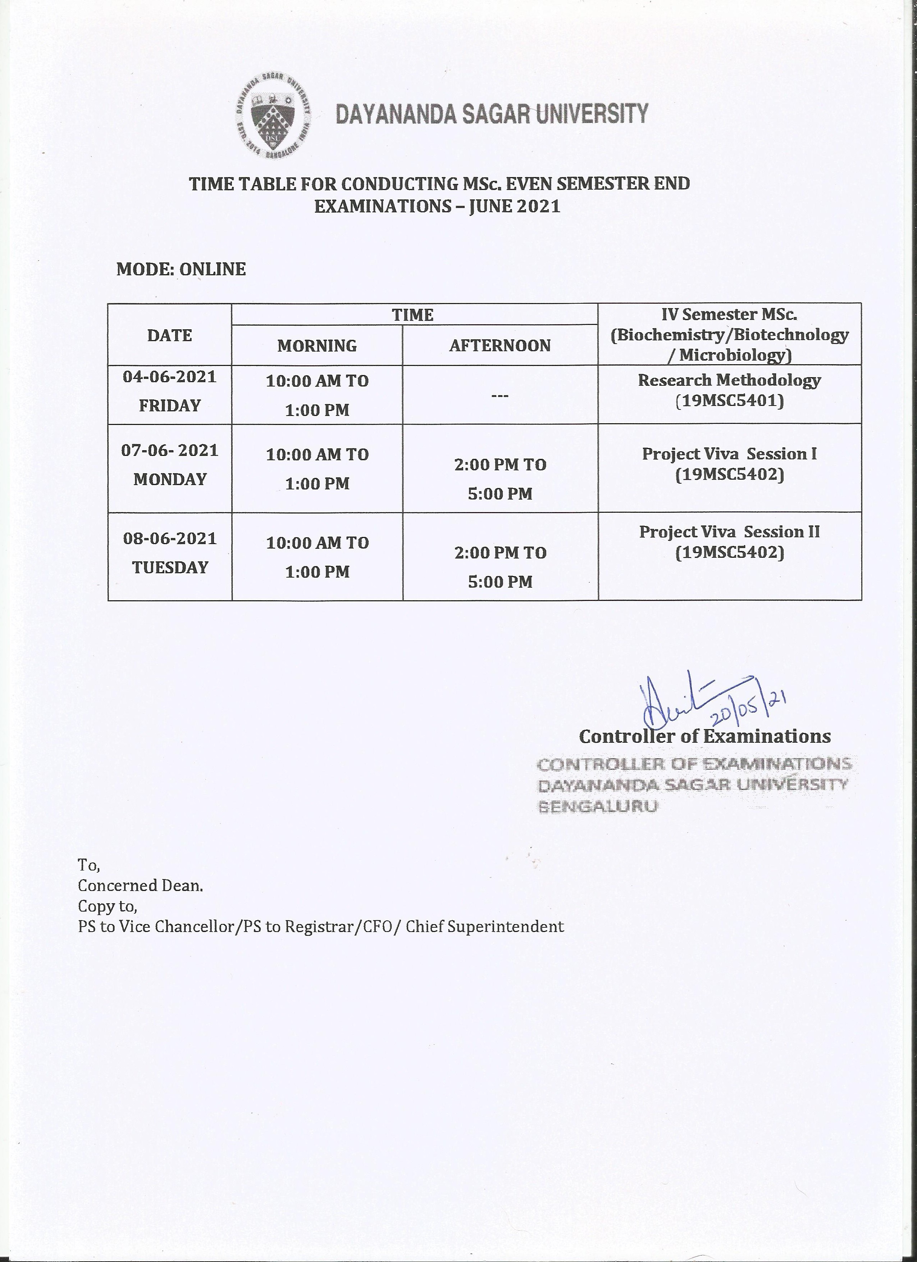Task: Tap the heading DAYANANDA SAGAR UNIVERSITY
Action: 492,114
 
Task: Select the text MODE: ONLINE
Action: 181,269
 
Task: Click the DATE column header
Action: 170,335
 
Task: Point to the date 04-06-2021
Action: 170,377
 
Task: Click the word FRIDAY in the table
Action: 170,406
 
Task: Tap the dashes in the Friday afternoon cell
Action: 500,395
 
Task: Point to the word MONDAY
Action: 170,479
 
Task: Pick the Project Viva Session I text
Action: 729,454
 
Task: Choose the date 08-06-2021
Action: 170,539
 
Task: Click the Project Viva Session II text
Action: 729,532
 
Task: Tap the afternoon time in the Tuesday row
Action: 500,567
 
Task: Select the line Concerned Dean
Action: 140,886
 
